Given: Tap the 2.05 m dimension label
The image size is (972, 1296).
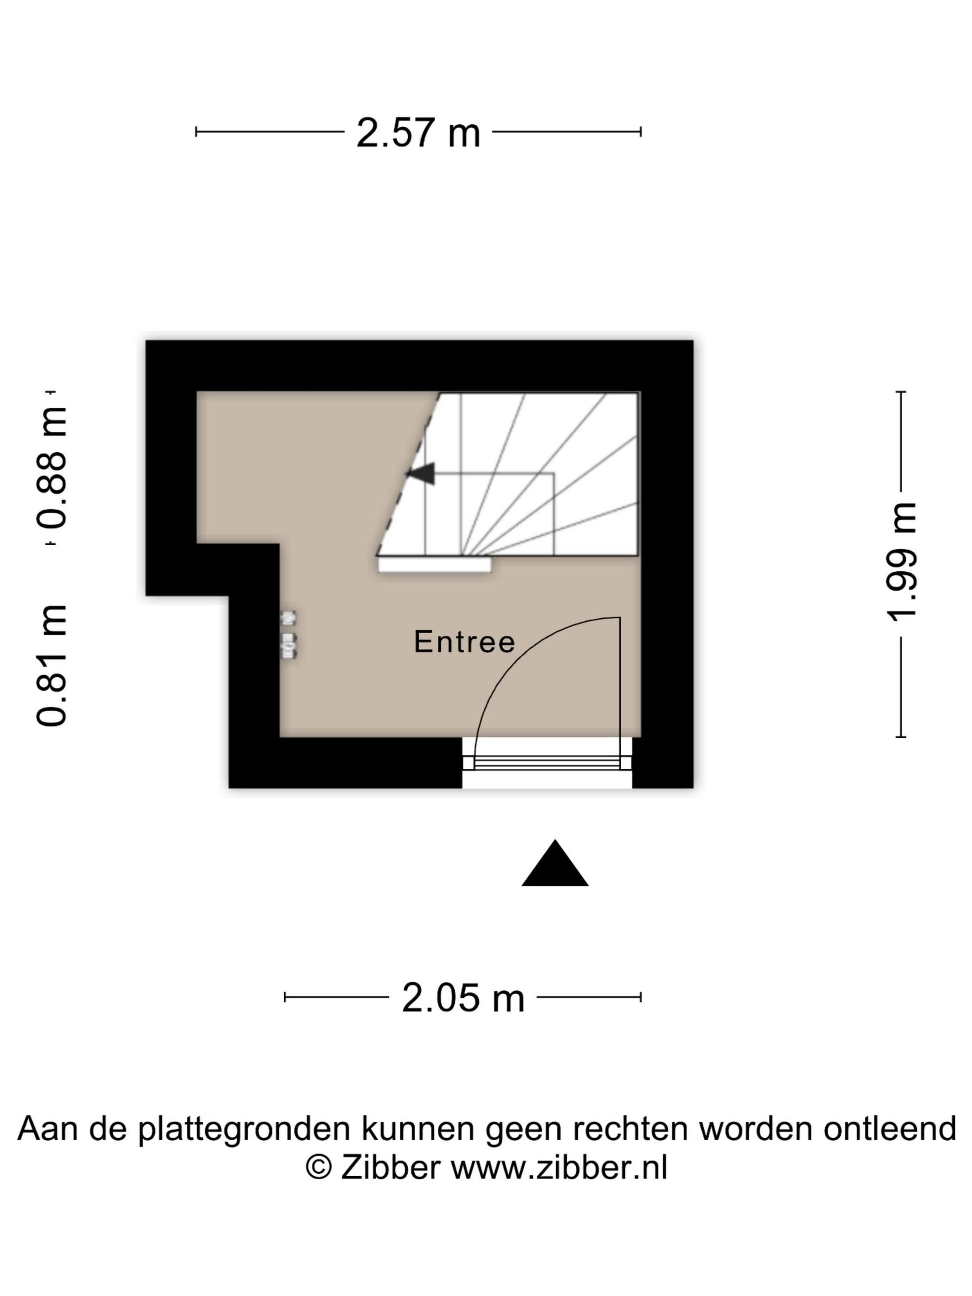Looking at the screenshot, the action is [463, 998].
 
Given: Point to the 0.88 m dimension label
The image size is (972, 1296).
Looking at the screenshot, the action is [51, 467].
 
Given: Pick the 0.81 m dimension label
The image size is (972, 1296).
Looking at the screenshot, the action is [51, 666].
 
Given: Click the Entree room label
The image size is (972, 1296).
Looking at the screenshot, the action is [465, 642].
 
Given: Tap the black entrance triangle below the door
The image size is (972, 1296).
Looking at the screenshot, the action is [555, 863].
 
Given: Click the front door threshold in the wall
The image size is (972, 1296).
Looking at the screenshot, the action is [547, 762].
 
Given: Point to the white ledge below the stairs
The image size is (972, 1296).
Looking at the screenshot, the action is [434, 565].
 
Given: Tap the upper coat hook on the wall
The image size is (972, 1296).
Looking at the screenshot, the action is [288, 617].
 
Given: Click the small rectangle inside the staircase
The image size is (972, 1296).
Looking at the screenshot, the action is [489, 514].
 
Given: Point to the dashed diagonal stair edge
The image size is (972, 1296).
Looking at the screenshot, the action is [408, 474].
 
